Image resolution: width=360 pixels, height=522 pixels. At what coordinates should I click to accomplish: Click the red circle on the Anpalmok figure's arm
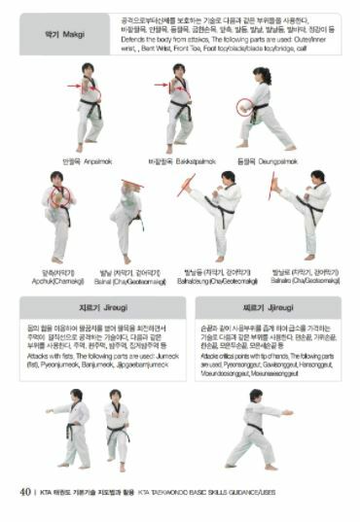pos(91,91)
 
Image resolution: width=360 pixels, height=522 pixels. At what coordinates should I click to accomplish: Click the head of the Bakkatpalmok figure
pos(179,70)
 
